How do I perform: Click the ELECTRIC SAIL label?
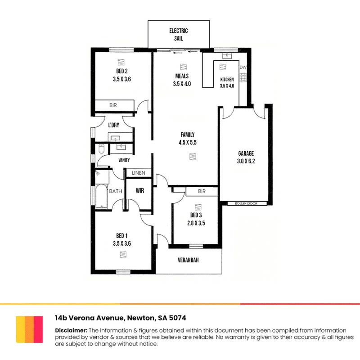coord(178,35)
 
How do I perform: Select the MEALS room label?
coord(182,76)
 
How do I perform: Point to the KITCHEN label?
coord(227,80)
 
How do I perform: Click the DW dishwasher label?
coord(243,67)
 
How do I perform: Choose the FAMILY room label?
coord(188,135)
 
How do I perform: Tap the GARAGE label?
coord(246,153)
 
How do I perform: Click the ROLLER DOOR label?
coord(246,203)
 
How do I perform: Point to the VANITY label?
coord(124,160)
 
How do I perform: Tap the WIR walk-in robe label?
coord(139,191)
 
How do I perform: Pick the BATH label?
coord(116,191)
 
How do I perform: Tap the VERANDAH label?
coord(188,261)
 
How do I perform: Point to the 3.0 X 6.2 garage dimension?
coord(246,161)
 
